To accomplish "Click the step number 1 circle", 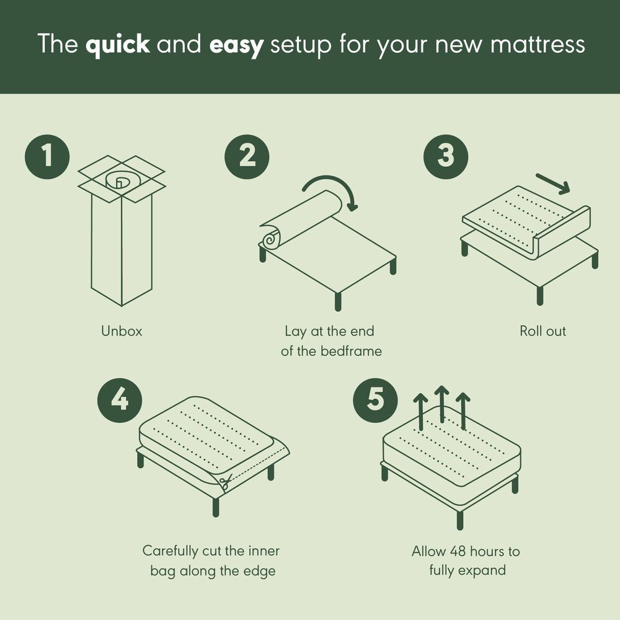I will [47, 156].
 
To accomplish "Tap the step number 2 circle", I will [247, 156].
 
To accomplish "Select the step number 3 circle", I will [446, 156].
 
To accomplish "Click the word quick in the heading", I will [118, 45].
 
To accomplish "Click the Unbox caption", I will [122, 331].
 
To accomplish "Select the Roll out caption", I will [542, 331].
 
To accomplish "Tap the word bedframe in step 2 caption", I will [351, 351].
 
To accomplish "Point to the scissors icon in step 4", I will [224, 482].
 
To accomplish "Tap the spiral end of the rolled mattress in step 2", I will [272, 237].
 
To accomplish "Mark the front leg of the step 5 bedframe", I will [459, 518].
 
